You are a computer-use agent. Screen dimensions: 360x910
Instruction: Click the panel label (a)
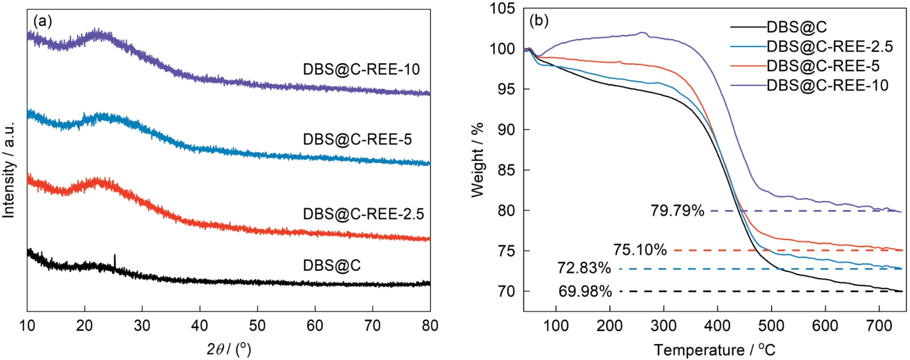tap(42, 22)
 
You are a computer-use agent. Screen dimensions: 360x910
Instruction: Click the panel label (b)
tap(539, 22)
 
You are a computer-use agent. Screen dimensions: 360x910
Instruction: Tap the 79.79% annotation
tap(677, 211)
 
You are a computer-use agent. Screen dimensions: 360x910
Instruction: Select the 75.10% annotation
tap(640, 250)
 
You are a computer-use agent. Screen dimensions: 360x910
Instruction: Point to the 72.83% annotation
tap(584, 268)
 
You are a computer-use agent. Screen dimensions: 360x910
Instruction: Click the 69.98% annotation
tap(585, 292)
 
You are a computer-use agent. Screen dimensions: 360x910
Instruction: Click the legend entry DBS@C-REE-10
tap(827, 86)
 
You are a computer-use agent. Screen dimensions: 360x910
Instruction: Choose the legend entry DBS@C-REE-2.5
tap(830, 47)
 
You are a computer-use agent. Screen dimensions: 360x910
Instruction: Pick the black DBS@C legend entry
tap(796, 27)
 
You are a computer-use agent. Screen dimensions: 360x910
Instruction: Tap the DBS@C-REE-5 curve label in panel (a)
tap(357, 140)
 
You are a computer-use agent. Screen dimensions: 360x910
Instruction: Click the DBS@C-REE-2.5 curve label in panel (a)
tap(363, 214)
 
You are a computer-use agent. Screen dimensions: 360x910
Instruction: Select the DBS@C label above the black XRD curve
tap(332, 265)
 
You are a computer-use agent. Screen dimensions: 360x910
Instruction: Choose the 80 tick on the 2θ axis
tap(430, 326)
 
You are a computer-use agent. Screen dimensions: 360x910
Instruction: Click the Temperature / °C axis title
tap(714, 350)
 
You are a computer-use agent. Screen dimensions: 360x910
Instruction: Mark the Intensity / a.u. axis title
tap(9, 169)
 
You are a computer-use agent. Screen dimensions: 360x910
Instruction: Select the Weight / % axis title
tap(478, 160)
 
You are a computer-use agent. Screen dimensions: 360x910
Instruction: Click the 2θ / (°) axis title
tap(229, 349)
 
